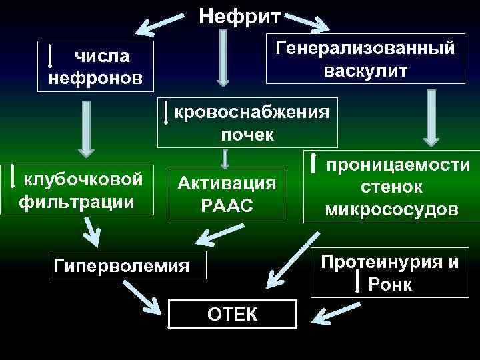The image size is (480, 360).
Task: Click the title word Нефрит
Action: pos(241,15)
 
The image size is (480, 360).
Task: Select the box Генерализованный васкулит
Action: pos(365,59)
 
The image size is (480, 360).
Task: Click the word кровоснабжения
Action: pos(251,111)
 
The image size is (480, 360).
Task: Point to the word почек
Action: pos(247,135)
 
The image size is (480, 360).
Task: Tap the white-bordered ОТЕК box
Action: pos(231,313)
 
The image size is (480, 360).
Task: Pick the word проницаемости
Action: pos(397,165)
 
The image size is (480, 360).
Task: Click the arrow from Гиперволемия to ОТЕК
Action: pos(143,297)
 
